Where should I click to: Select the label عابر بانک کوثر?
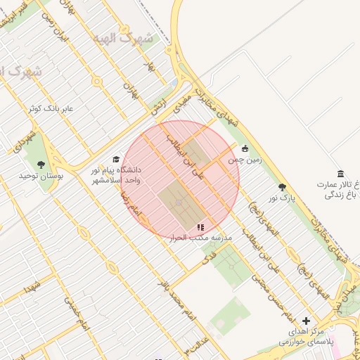pyautogui.click(x=51, y=109)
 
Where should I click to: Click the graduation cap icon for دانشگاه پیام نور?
pyautogui.click(x=116, y=160)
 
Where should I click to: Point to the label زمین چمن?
pyautogui.click(x=244, y=160)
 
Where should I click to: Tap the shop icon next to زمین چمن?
pyautogui.click(x=245, y=148)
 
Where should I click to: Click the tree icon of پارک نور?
pyautogui.click(x=283, y=188)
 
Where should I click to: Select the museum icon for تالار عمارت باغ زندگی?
pyautogui.click(x=341, y=174)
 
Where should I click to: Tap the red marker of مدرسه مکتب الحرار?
pyautogui.click(x=200, y=227)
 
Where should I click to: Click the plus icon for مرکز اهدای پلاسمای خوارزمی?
pyautogui.click(x=306, y=321)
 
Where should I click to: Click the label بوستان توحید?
pyautogui.click(x=41, y=175)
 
